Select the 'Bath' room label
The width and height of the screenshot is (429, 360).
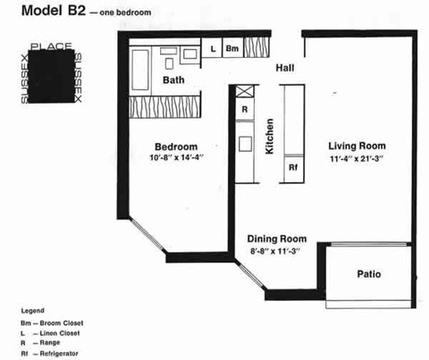(173, 80)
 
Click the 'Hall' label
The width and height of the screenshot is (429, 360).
(285, 67)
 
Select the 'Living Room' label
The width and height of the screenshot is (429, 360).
(356, 146)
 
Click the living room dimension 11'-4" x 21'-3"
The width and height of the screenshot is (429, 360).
(356, 159)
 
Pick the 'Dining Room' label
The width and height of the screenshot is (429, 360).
(277, 239)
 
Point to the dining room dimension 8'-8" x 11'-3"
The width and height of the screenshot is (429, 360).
(277, 252)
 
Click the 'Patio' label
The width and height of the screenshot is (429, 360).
(370, 273)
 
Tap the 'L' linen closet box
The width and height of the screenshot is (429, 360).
(213, 49)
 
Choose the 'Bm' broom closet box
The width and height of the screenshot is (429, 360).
(231, 49)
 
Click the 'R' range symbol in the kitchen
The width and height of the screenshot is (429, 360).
(244, 110)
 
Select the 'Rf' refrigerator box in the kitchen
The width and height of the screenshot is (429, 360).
(292, 167)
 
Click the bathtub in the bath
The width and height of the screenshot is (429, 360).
(142, 65)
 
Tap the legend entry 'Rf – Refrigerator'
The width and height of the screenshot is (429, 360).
(54, 355)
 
